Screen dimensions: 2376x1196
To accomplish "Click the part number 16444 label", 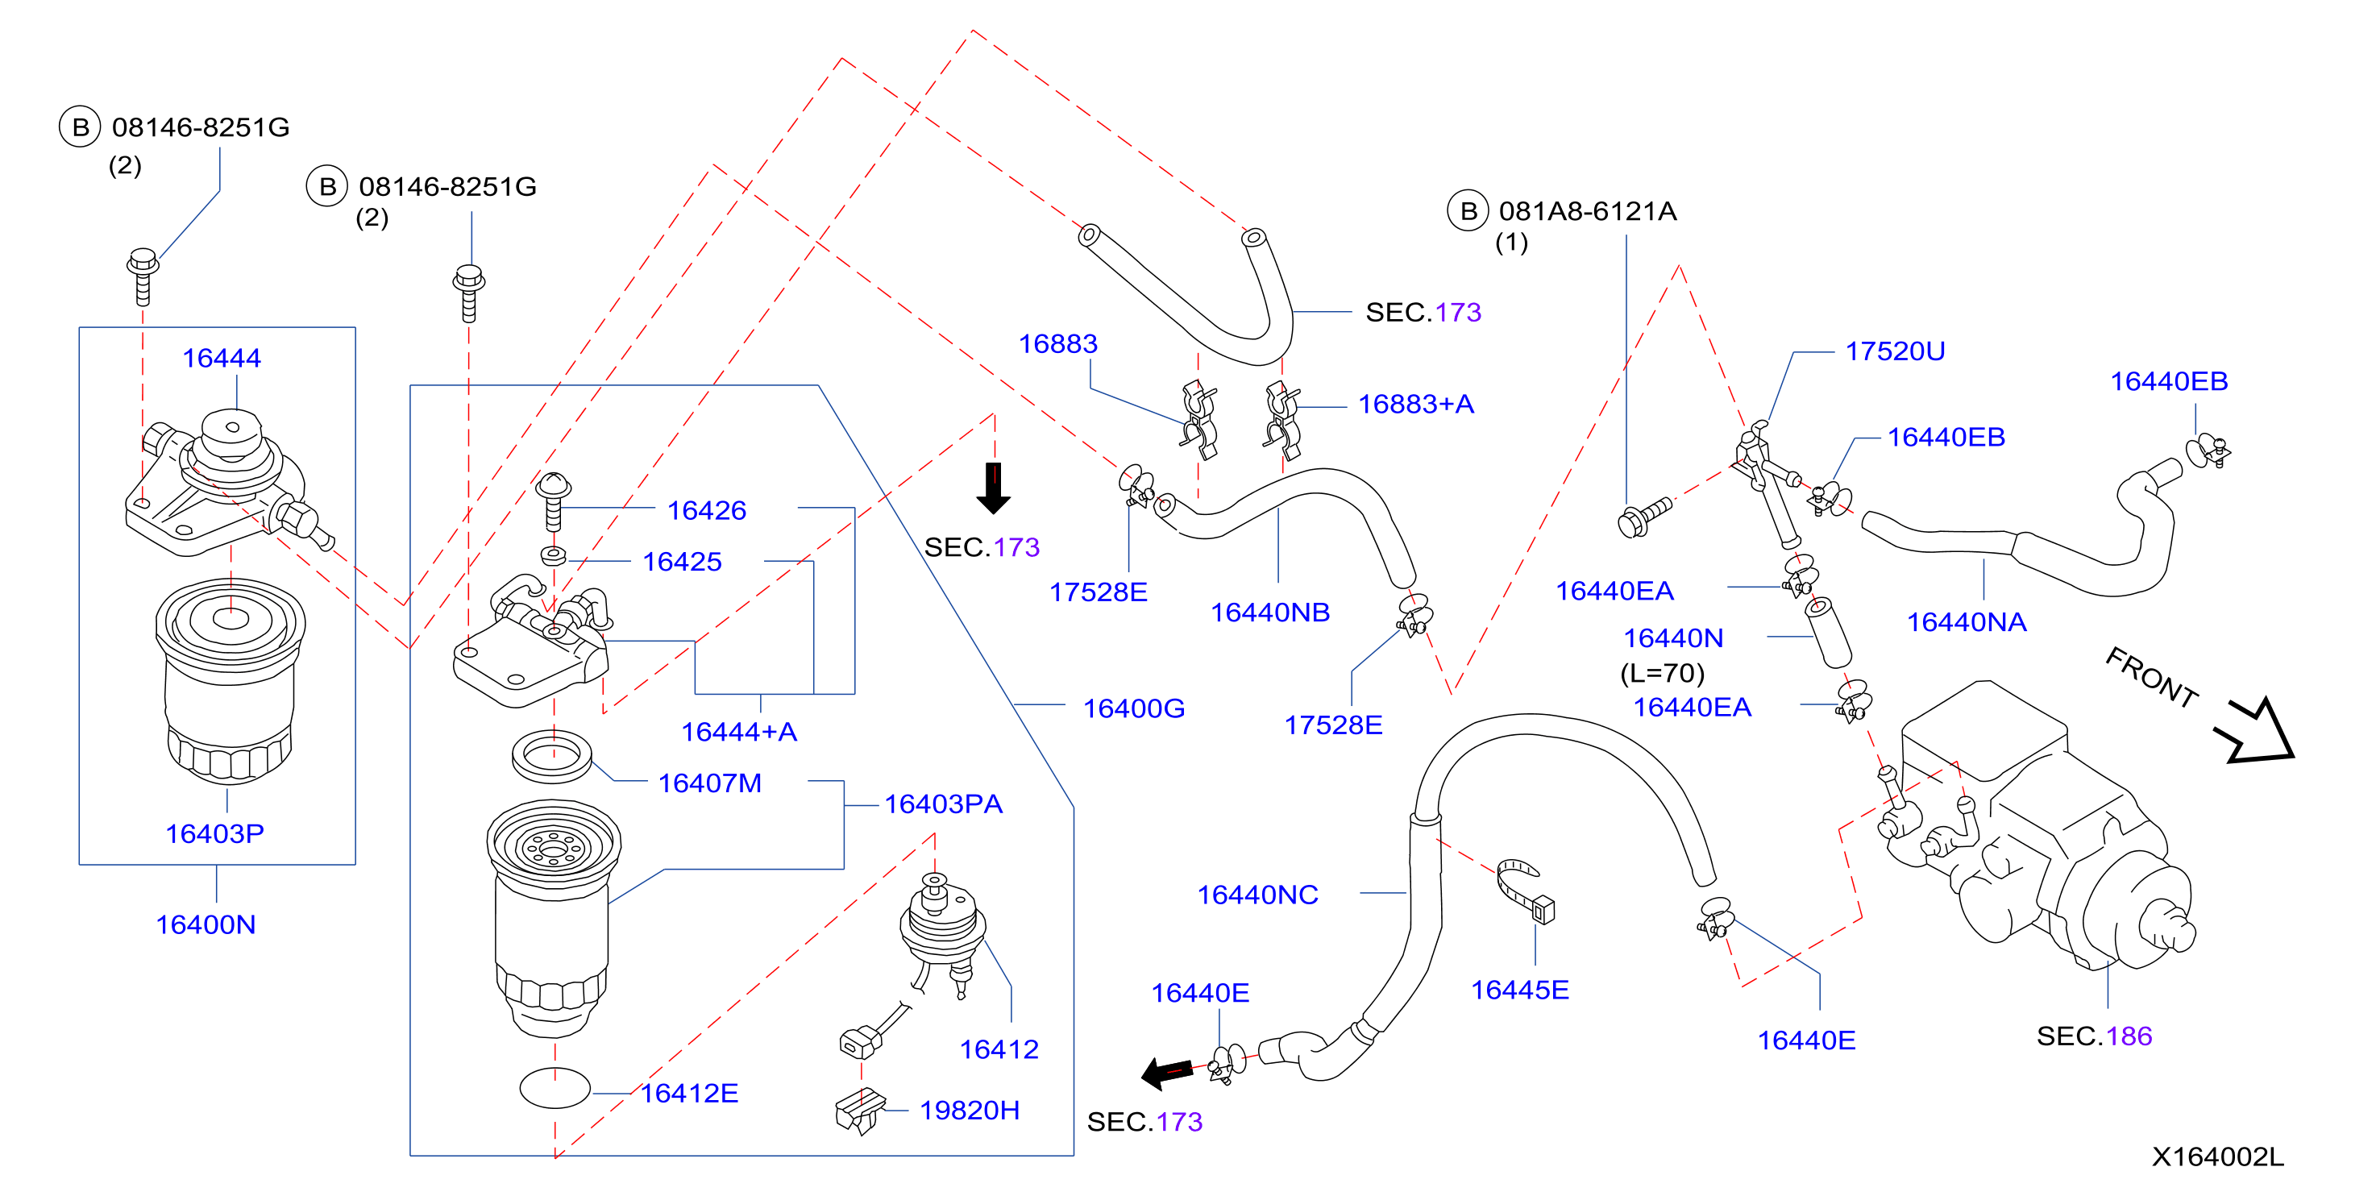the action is tap(222, 358).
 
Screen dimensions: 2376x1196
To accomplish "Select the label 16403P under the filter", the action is tap(215, 833).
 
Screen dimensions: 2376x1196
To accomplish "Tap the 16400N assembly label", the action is tap(206, 925).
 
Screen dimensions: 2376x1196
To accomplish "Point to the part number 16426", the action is tap(707, 511).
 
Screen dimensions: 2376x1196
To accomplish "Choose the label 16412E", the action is tap(690, 1094).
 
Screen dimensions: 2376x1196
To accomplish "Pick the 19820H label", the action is tap(970, 1111).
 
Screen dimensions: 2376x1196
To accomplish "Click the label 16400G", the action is tap(1133, 708).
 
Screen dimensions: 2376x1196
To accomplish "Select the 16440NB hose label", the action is tap(1270, 613).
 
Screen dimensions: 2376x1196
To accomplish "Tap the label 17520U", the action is tap(1896, 351).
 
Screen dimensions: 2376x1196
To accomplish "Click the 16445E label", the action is tap(1520, 990).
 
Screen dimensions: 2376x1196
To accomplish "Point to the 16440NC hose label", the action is tap(1257, 895).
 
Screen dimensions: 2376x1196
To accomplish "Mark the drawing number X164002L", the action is tap(2218, 1157).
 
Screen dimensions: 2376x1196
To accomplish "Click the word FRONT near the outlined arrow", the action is tap(2152, 677).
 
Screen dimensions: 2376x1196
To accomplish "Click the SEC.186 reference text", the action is tap(2095, 1036).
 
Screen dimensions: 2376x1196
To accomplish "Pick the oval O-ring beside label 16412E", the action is tap(555, 1088).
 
